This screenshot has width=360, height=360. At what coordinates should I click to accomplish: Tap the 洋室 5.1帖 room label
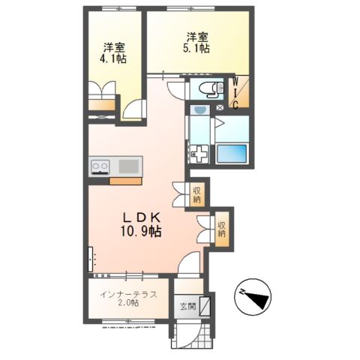[x=196, y=43]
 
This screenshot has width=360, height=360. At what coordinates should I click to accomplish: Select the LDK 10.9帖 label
[x=141, y=225]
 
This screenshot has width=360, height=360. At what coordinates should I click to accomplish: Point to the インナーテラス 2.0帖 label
[x=128, y=298]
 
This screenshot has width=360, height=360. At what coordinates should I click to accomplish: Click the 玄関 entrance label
[x=188, y=306]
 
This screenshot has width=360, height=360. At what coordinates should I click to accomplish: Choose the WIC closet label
[x=235, y=93]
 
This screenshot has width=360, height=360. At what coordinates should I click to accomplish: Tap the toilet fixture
[x=212, y=89]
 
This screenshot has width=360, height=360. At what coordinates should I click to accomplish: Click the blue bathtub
[x=232, y=154]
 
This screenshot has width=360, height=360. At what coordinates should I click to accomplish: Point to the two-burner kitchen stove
[x=100, y=166]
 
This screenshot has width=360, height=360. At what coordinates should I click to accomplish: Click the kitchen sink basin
[x=129, y=166]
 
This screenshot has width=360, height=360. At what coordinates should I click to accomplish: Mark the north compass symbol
[x=253, y=297]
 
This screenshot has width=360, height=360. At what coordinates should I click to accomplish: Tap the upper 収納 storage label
[x=196, y=195]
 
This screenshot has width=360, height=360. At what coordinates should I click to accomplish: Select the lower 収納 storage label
[x=221, y=229]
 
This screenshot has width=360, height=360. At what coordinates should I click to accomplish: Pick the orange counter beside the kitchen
[x=126, y=181]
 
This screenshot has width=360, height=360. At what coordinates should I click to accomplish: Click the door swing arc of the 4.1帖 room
[x=131, y=107]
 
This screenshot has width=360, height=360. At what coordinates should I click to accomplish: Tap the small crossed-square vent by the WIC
[x=220, y=108]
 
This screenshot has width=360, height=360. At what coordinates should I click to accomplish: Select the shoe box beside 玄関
[x=205, y=306]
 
